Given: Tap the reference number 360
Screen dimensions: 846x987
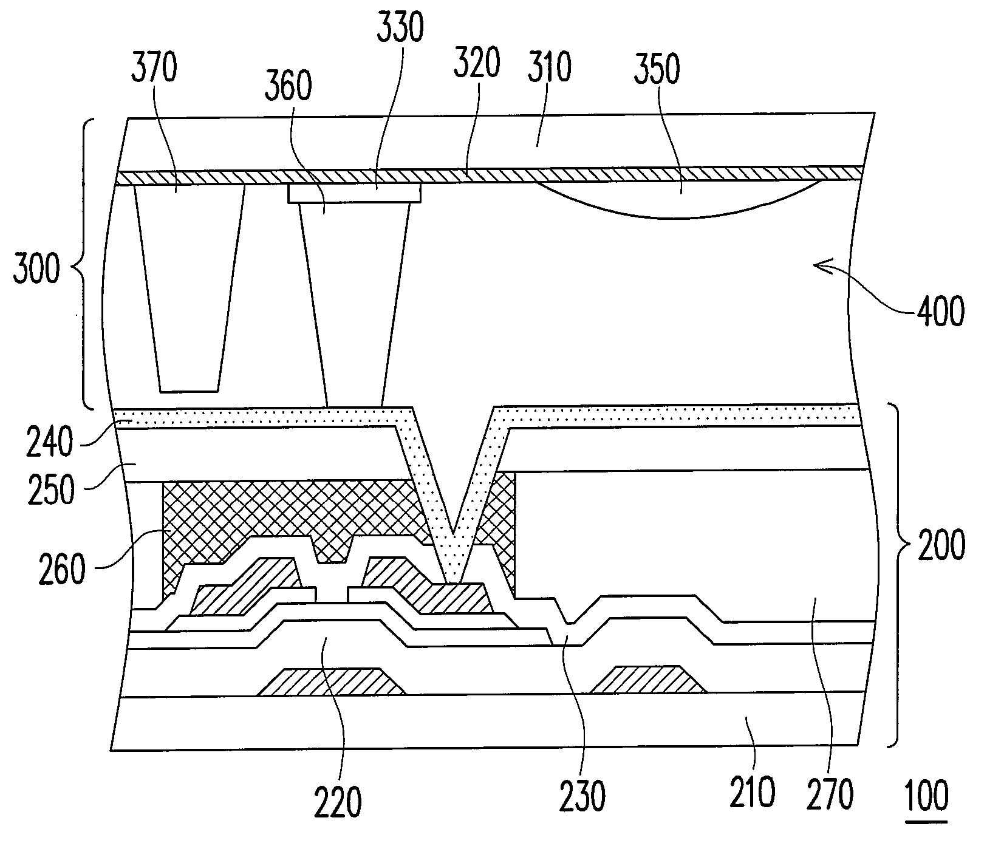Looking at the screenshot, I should tap(288, 87).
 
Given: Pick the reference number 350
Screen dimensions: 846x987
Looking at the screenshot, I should tap(657, 68).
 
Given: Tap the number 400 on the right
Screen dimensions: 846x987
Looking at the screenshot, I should tap(940, 312).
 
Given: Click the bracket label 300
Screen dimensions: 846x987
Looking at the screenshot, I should tap(36, 270).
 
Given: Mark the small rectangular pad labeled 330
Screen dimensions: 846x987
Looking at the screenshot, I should tap(354, 194).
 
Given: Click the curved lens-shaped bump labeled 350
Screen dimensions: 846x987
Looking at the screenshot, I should tap(677, 198).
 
